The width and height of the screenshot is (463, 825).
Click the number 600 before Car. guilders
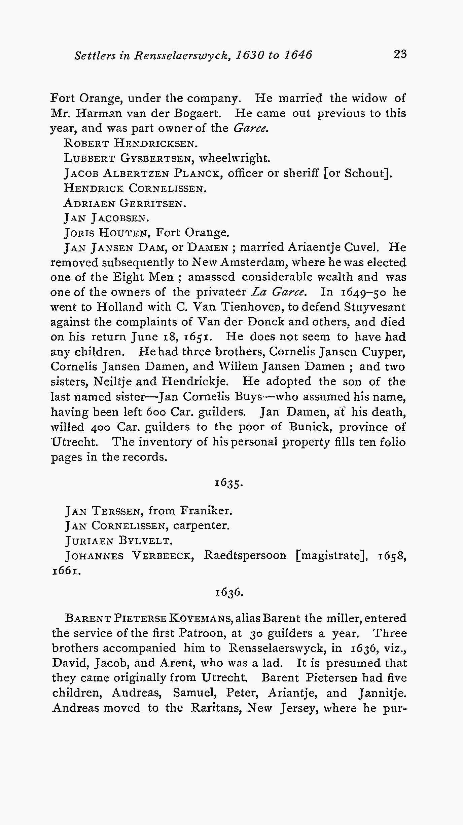click(157, 411)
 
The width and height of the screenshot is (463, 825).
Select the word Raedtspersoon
click(245, 555)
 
